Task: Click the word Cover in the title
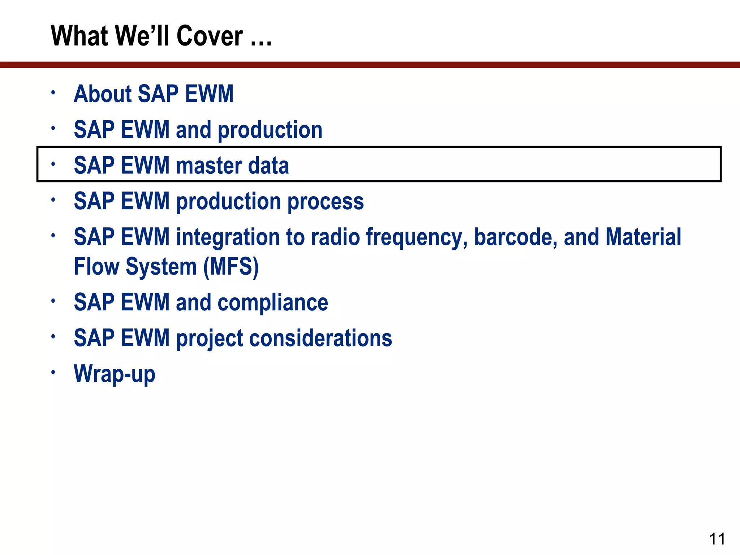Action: pos(210,36)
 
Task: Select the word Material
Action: pos(643,237)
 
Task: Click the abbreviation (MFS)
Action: pos(231,267)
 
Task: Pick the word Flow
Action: pos(96,267)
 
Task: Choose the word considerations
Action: pos(320,338)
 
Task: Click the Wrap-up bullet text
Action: pos(115,374)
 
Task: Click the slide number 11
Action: pos(717,539)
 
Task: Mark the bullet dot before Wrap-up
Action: pos(53,372)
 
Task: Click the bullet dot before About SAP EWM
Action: pos(53,92)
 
